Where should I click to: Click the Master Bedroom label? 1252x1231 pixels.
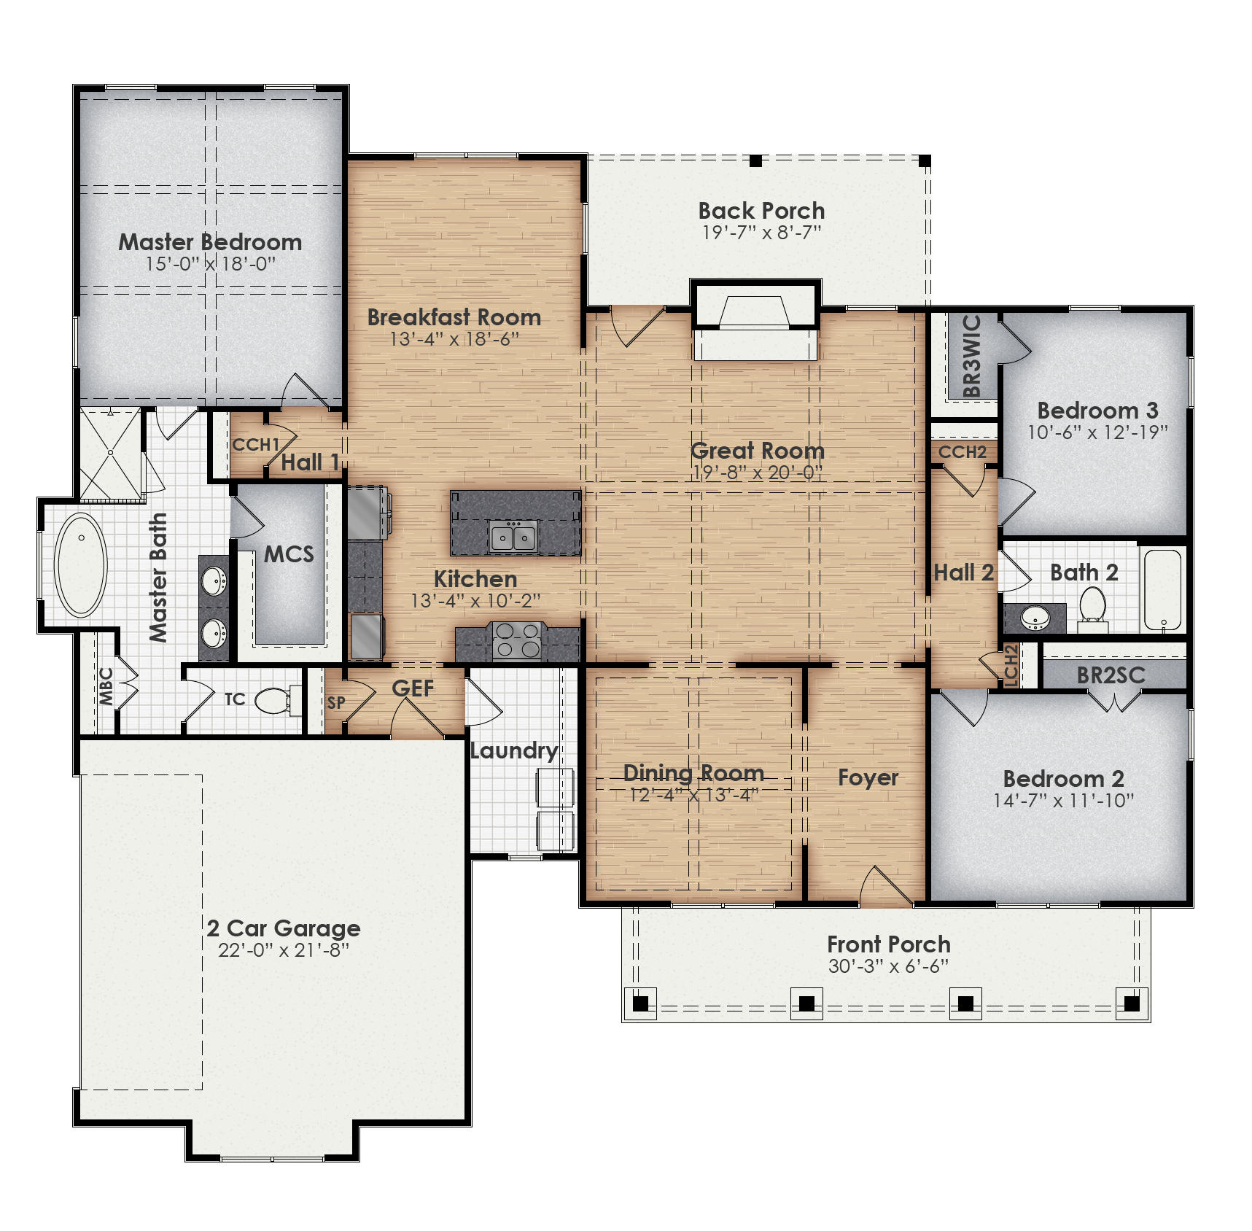tap(210, 242)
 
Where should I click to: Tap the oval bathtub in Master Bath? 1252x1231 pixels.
tap(81, 564)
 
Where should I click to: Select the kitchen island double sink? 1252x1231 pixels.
tap(513, 538)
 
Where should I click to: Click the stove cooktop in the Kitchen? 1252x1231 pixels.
tap(516, 640)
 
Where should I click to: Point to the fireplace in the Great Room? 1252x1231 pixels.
tap(755, 321)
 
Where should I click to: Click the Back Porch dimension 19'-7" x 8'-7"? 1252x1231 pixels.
tap(761, 233)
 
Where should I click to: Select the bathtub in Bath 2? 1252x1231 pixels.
tap(1162, 589)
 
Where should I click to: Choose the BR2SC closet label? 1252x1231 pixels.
tap(1110, 676)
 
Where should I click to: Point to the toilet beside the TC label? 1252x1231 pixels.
tap(273, 700)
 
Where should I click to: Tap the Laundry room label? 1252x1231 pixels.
tap(513, 750)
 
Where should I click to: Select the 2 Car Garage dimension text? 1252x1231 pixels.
tap(283, 950)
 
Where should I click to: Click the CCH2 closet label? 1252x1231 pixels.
tap(962, 452)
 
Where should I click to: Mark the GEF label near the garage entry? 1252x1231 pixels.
tap(413, 688)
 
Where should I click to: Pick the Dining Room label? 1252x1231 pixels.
tap(693, 773)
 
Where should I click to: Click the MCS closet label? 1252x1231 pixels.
tap(289, 554)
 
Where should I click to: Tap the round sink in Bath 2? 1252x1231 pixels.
tap(1034, 618)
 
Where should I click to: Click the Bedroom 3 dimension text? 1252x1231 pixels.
tap(1097, 432)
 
